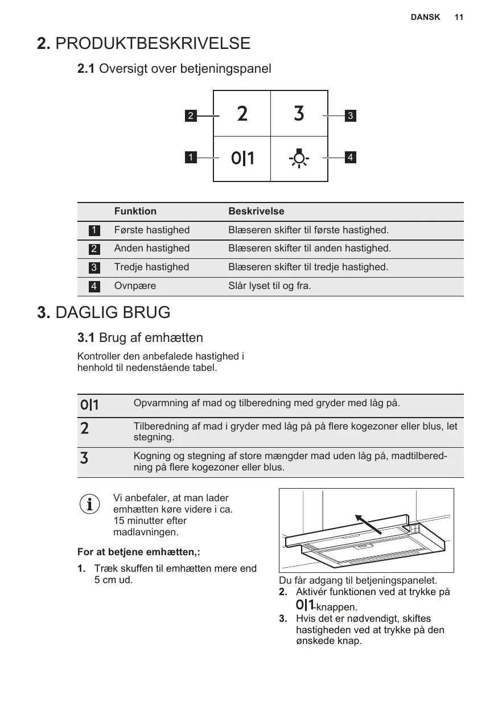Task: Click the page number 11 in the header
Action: [459, 17]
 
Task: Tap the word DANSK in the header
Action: [425, 17]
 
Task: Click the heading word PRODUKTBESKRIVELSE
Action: [153, 43]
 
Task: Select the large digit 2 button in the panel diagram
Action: [242, 114]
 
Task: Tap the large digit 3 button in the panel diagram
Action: [299, 114]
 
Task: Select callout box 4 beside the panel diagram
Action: [351, 156]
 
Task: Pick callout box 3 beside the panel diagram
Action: [351, 115]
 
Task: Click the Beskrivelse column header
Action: [256, 212]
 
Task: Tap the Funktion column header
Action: [135, 212]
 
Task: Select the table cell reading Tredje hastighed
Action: [151, 267]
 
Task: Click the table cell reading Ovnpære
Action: [135, 286]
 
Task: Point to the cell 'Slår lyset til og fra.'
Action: [270, 286]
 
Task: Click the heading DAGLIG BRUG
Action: [113, 312]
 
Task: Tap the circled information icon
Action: [89, 503]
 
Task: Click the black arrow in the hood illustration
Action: [368, 524]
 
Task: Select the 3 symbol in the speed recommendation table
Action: [84, 457]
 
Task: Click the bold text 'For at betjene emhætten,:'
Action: [138, 552]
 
